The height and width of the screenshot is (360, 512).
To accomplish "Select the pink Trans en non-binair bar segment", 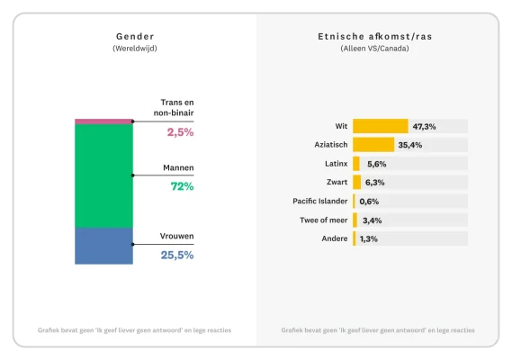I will pos(103,121).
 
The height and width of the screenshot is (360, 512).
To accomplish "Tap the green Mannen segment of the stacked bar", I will pos(103,175).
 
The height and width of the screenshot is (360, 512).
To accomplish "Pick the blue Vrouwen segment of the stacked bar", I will pos(103,246).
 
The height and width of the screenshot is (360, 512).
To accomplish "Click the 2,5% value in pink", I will pos(180,132).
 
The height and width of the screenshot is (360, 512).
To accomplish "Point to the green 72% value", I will pos(183,186).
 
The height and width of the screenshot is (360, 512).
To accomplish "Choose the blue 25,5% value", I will pos(177,255).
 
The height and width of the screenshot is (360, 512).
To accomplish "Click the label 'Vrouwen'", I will pos(177,236).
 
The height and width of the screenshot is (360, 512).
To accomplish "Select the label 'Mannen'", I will pos(177,167).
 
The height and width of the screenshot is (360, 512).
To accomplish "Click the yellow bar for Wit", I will pos(380,126).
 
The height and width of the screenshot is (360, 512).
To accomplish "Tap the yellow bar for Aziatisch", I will pos(373,145).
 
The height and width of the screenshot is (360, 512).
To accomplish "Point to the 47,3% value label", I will pos(425,126).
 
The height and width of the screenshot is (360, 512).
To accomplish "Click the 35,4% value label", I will pos(410,145).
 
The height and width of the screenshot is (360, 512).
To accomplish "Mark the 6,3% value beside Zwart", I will pos(373,183).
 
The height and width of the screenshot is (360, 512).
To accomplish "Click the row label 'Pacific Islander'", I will pos(320,201).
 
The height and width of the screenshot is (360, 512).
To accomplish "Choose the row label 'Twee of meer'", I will pos(324,220).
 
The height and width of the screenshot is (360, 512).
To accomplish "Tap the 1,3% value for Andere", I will pos(368,238).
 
